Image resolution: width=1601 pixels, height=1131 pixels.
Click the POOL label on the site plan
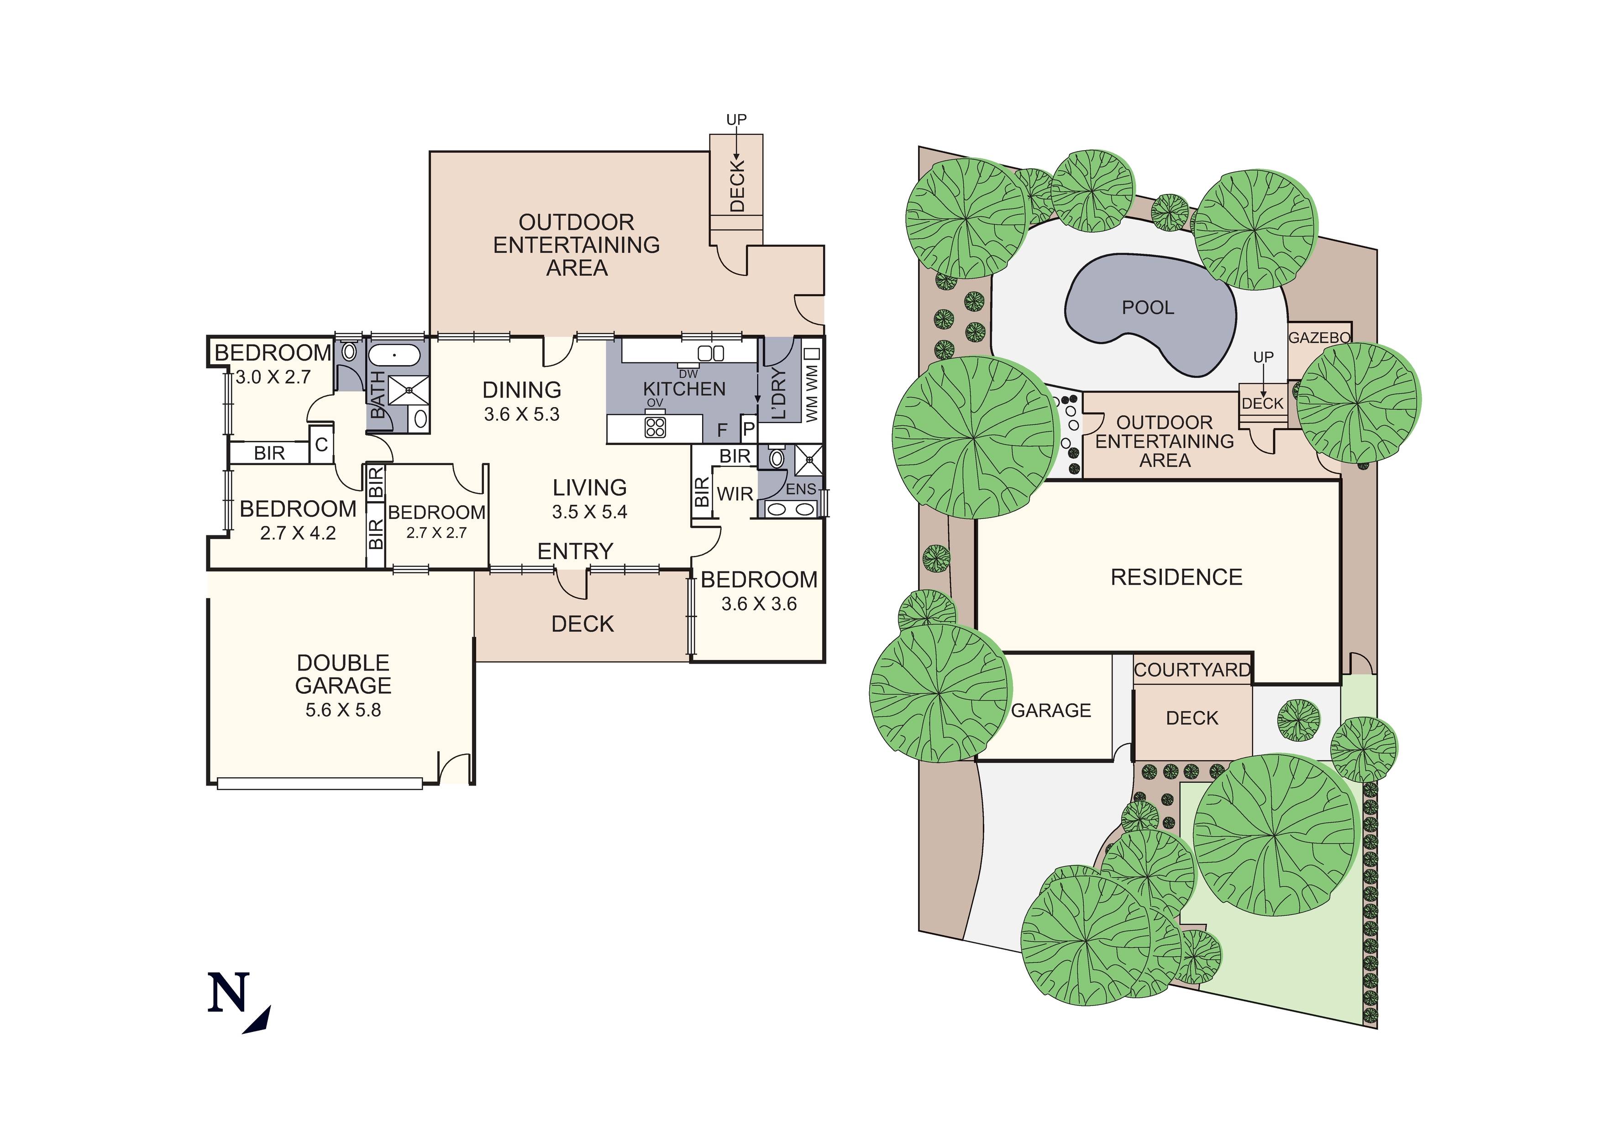tap(1147, 308)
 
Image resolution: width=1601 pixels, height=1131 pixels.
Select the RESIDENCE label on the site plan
tap(1176, 577)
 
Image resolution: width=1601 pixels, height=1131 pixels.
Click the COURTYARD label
tap(1192, 670)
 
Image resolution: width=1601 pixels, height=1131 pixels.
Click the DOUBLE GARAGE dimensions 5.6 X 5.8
tap(343, 711)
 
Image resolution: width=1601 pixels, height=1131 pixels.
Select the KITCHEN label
tap(684, 389)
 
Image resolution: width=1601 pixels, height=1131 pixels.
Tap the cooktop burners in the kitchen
tap(655, 426)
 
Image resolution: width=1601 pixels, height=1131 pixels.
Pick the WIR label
tap(735, 494)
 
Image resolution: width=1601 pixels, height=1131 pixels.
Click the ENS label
tap(801, 489)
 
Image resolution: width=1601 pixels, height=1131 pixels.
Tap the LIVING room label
tap(590, 487)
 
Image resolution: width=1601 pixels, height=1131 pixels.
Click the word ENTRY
tap(575, 551)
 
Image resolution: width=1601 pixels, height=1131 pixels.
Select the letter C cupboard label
tap(321, 445)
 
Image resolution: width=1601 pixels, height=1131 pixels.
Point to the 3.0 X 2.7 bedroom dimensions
tap(273, 377)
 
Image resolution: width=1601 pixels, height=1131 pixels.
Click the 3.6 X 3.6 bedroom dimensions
tap(759, 604)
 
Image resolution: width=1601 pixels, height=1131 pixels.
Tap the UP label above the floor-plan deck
tap(736, 120)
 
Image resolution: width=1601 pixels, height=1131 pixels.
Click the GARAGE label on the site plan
tap(1051, 711)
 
